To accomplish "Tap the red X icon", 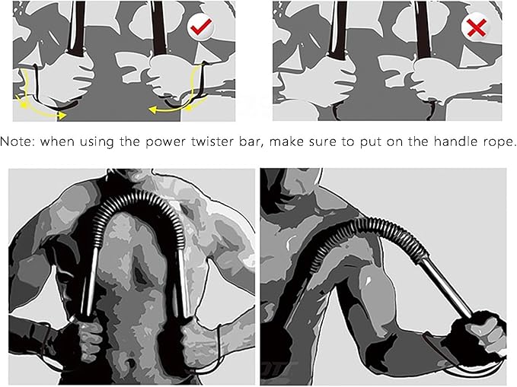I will coord(476,29).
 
